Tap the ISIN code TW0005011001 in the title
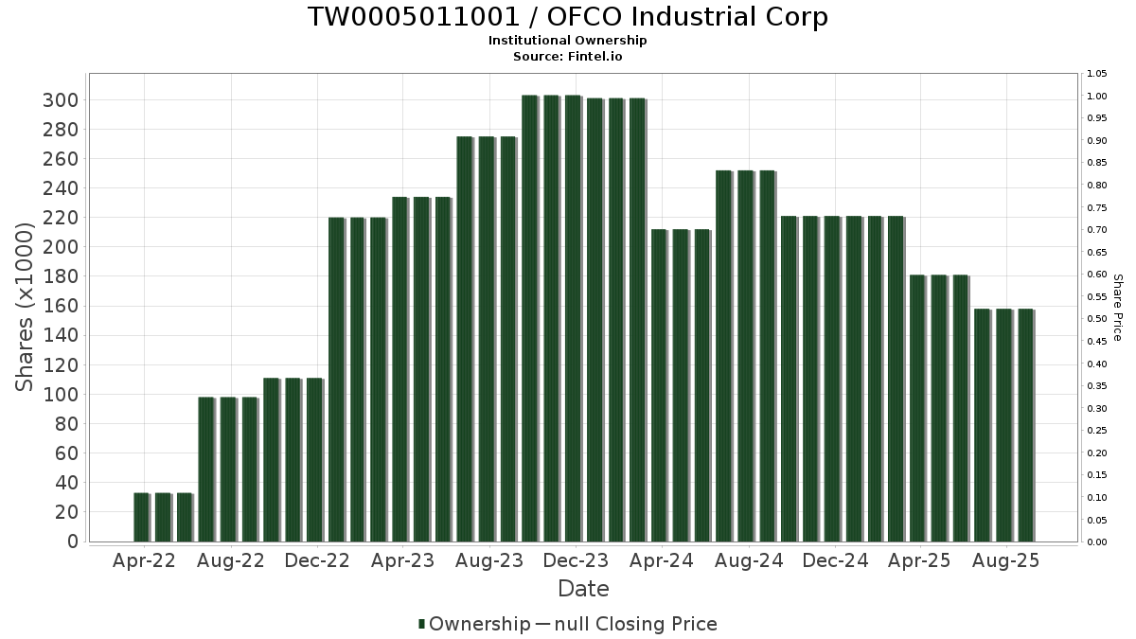[406, 17]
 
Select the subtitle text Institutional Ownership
[568, 41]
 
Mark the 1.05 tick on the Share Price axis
[1097, 74]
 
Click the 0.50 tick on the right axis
[1097, 319]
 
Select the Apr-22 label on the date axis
[144, 560]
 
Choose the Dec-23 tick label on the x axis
[576, 560]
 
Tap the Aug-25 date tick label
[1006, 560]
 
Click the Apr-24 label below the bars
[662, 560]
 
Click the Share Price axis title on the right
[1117, 308]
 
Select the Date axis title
[583, 589]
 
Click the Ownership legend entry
[475, 624]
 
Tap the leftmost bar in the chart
[141, 517]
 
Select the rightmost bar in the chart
[1025, 425]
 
